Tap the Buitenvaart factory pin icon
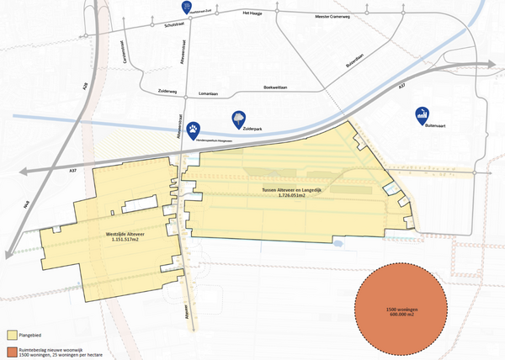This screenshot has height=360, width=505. coord(424,114)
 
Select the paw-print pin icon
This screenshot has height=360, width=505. coord(194,127)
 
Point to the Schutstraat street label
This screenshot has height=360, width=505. coord(173,27)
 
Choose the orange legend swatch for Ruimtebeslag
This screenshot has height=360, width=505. coord(11,348)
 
